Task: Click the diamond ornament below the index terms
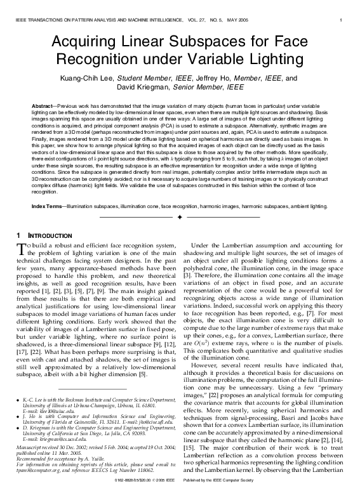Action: pos(180,218)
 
